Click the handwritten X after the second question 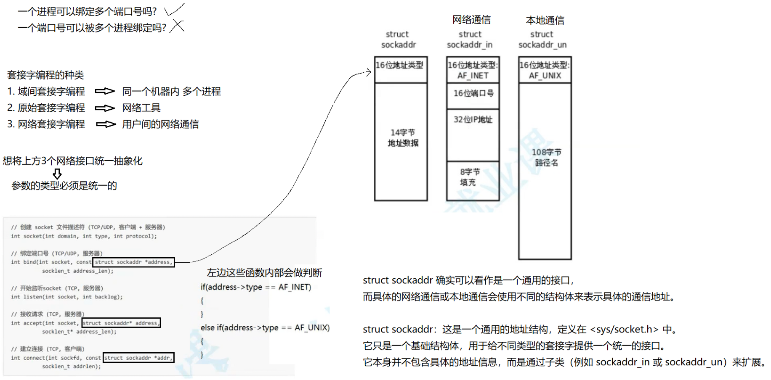177,26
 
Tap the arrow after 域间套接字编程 105,91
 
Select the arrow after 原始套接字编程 105,108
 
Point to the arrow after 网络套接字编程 106,124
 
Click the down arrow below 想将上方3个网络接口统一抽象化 57,174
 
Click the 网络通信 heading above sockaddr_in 471,20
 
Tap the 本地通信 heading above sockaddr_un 545,20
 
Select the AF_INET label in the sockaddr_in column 473,76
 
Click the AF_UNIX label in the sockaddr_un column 545,76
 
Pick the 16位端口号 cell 473,93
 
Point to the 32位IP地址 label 473,120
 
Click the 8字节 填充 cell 469,177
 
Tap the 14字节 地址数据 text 403,138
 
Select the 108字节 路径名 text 546,157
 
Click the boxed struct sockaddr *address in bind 133,262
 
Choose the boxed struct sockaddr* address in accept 121,323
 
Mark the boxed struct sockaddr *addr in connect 138,358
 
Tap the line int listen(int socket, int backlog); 67,297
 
